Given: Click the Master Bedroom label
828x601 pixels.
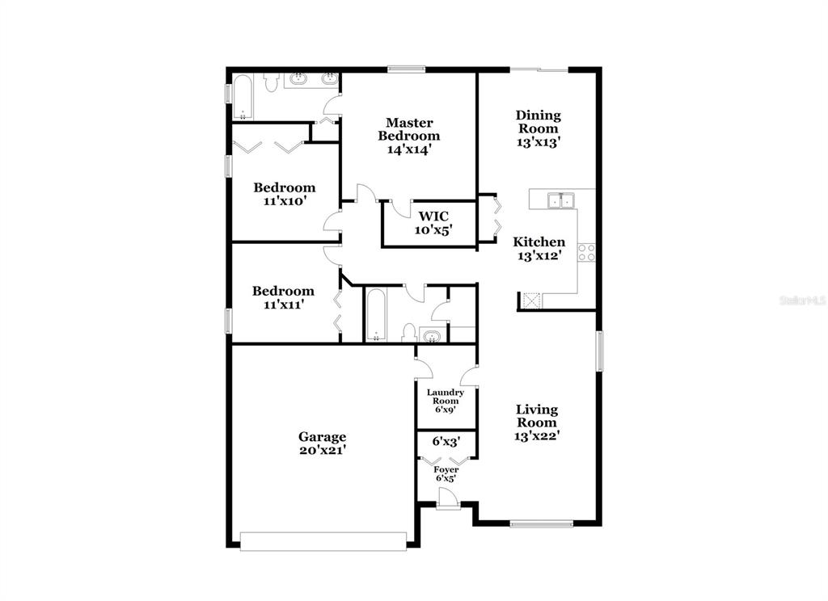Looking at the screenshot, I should [x=408, y=129].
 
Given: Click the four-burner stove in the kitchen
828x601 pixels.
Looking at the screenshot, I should [x=586, y=252].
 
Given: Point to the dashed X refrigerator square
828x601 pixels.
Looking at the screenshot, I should [x=530, y=300].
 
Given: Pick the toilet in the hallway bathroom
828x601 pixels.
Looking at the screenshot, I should [x=409, y=334].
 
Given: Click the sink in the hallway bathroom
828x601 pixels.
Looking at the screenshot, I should [x=433, y=335].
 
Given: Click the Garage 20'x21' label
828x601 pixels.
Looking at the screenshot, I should [x=323, y=443].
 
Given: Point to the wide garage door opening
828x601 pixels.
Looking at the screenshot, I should [x=323, y=541].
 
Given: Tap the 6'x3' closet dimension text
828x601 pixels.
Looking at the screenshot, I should [x=446, y=442].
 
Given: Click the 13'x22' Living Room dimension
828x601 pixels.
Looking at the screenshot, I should [x=537, y=435].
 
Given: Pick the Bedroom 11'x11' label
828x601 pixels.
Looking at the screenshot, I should [x=282, y=297].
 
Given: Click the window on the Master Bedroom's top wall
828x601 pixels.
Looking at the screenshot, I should [x=407, y=69].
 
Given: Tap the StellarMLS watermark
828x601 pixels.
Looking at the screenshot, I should [x=801, y=300].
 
